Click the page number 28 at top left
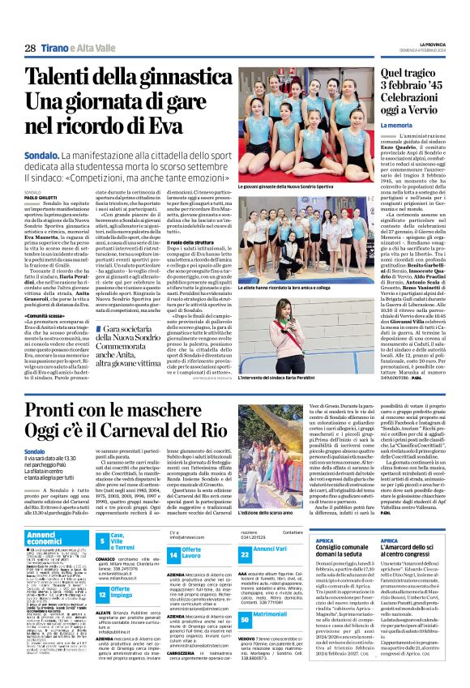[30, 49]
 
